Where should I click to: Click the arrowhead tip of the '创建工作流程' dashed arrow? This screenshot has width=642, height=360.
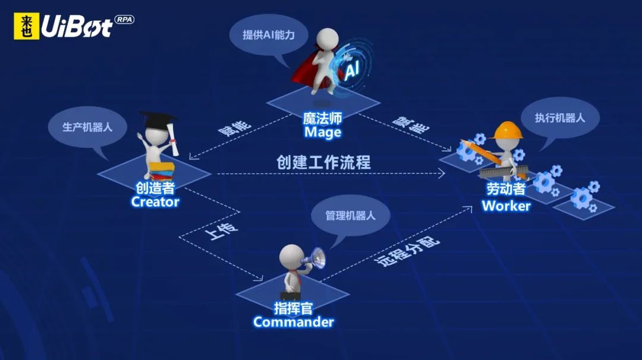pyautogui.click(x=445, y=173)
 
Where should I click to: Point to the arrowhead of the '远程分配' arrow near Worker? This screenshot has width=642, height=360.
pyautogui.click(x=471, y=207)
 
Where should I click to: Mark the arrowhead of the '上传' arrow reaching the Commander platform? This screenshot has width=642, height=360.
pyautogui.click(x=263, y=280)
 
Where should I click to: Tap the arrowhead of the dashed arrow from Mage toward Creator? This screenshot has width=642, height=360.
pyautogui.click(x=190, y=159)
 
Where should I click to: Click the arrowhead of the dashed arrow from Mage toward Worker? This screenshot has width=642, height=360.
pyautogui.click(x=451, y=150)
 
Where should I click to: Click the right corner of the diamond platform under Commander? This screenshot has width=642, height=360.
pyautogui.click(x=350, y=293)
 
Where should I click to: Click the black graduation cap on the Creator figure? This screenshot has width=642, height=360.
pyautogui.click(x=157, y=121)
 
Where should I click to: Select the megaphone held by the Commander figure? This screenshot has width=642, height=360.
pyautogui.click(x=314, y=258)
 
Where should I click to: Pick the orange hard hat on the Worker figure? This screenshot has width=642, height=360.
pyautogui.click(x=508, y=131)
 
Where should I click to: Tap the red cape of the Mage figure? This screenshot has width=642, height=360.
pyautogui.click(x=307, y=70)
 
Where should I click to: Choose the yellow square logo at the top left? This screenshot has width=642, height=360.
pyautogui.click(x=27, y=26)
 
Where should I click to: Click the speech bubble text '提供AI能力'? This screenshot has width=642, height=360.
pyautogui.click(x=269, y=35)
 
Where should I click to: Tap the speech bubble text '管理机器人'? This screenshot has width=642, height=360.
pyautogui.click(x=350, y=216)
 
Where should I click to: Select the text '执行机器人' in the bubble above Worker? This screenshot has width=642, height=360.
pyautogui.click(x=560, y=118)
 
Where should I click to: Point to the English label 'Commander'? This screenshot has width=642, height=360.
pyautogui.click(x=294, y=322)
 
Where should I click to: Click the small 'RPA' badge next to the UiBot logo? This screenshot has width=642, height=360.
pyautogui.click(x=124, y=20)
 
